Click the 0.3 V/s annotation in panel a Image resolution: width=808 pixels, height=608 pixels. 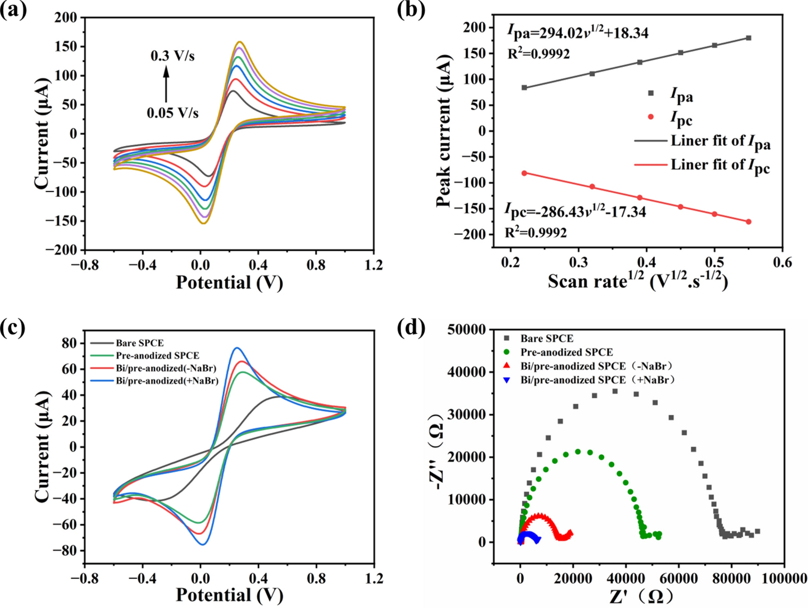172,55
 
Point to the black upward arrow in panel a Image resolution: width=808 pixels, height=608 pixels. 166,85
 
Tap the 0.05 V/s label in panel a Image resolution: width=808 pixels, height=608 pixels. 172,113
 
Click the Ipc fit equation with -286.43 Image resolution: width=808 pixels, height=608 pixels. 575,212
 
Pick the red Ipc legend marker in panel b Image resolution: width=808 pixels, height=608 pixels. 650,117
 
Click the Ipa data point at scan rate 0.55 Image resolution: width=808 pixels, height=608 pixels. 748,38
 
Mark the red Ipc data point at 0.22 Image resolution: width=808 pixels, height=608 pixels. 524,173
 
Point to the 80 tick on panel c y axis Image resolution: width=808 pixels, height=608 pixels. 69,343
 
